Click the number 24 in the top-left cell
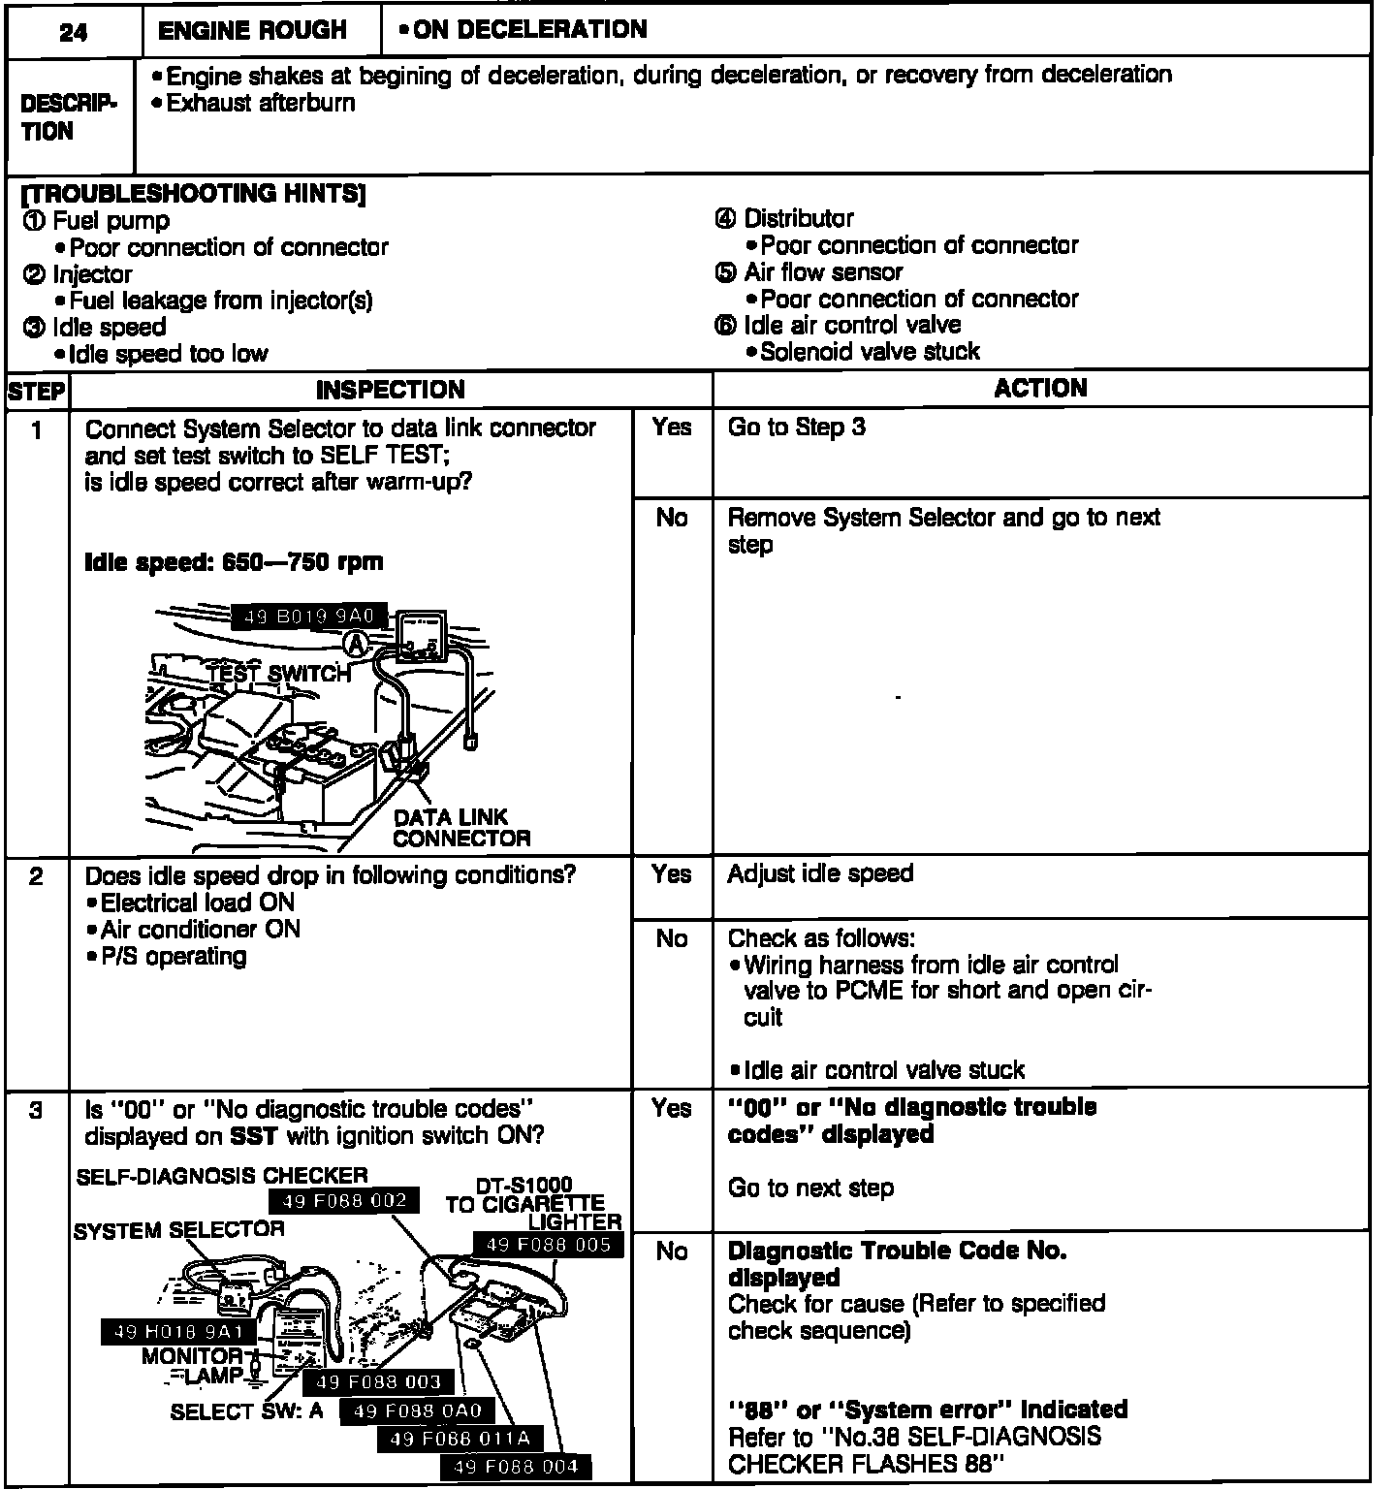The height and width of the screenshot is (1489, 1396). tap(73, 32)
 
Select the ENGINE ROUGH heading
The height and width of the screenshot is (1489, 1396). tap(252, 31)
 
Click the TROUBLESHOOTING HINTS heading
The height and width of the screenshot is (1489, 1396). tap(193, 193)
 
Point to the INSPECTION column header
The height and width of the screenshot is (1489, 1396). tap(390, 391)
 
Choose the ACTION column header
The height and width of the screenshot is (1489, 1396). tap(1040, 389)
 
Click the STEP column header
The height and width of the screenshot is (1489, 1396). tap(36, 392)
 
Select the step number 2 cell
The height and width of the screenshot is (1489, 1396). tap(36, 877)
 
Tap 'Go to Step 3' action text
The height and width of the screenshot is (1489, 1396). tap(796, 428)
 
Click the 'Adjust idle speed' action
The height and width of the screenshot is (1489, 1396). tap(820, 873)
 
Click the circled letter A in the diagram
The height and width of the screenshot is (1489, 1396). tap(358, 643)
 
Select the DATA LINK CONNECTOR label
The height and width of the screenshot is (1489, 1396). tap(461, 828)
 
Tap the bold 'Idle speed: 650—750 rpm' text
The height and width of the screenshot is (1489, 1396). tap(234, 562)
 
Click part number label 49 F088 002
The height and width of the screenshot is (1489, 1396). tap(343, 1201)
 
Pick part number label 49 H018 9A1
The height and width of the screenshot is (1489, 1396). tap(178, 1332)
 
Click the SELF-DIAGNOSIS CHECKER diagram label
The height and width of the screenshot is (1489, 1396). tap(222, 1176)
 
